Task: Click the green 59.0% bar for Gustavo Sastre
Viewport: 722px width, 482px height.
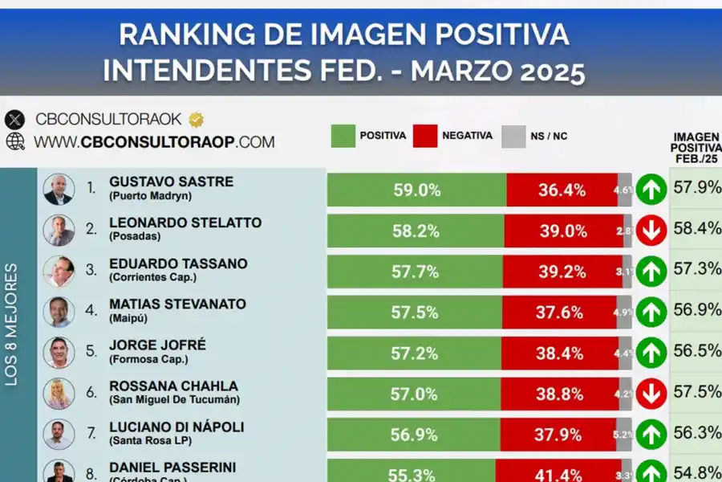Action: [x=416, y=190]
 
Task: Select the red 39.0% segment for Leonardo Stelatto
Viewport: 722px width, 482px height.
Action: [x=562, y=231]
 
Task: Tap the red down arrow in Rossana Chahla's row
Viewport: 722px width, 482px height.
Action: [x=651, y=394]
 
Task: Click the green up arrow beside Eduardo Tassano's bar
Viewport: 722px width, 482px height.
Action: [x=651, y=272]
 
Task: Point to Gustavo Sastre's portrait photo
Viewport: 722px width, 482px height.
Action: [x=59, y=190]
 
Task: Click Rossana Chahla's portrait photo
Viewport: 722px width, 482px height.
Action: [x=59, y=394]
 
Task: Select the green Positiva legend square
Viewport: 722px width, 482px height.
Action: [x=343, y=136]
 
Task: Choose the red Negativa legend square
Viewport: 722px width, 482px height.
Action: [x=425, y=136]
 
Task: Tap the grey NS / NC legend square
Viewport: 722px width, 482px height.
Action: [x=513, y=136]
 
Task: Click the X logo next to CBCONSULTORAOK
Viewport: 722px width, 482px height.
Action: [x=15, y=120]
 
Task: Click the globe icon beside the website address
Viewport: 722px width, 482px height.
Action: [x=15, y=141]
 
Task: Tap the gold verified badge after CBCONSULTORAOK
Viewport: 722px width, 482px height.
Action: [x=197, y=120]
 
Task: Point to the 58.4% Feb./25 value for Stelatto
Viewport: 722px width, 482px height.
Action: [x=696, y=228]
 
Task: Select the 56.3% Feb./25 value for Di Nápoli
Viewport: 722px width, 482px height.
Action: [x=696, y=432]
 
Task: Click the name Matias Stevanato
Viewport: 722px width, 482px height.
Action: [x=177, y=304]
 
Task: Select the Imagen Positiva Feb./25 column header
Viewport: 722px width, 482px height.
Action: [x=696, y=148]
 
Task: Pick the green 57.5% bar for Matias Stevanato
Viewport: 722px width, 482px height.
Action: [x=414, y=312]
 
